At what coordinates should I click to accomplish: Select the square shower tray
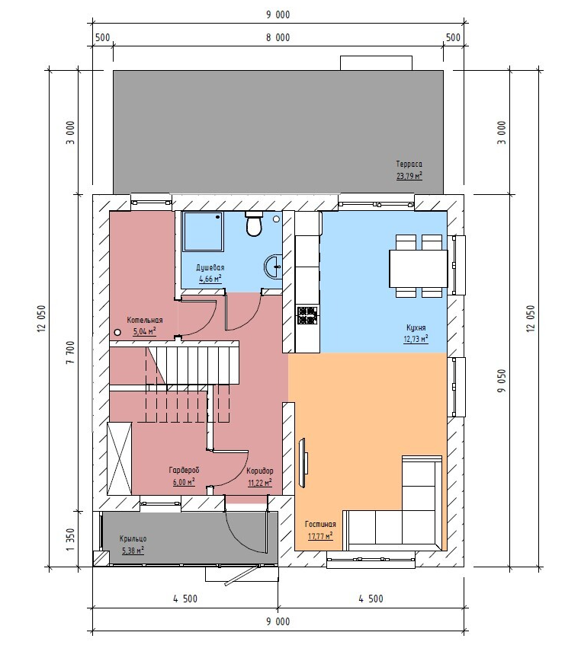coord(203,231)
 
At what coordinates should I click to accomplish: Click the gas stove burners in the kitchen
coord(307,316)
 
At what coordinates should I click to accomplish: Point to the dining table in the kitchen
coord(419,269)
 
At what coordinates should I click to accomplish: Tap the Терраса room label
coord(409,164)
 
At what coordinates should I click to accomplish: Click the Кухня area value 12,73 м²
coord(416,339)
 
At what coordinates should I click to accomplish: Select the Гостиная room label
coord(320,524)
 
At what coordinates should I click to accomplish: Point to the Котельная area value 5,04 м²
coord(144,331)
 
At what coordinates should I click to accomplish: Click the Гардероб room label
coord(184,470)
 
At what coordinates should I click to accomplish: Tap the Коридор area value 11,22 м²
coord(260,483)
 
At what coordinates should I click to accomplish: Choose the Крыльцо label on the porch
coord(133,538)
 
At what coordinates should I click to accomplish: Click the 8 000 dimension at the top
coord(278,37)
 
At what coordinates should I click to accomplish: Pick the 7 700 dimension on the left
coord(70,353)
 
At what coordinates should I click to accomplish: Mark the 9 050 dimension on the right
coord(501,381)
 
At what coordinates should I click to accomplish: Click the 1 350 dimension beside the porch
coord(70,540)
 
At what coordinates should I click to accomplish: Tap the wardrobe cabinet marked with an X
coord(120,458)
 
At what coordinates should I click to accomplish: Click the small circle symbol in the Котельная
coord(117,332)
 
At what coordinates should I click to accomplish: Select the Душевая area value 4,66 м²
coord(210,279)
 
